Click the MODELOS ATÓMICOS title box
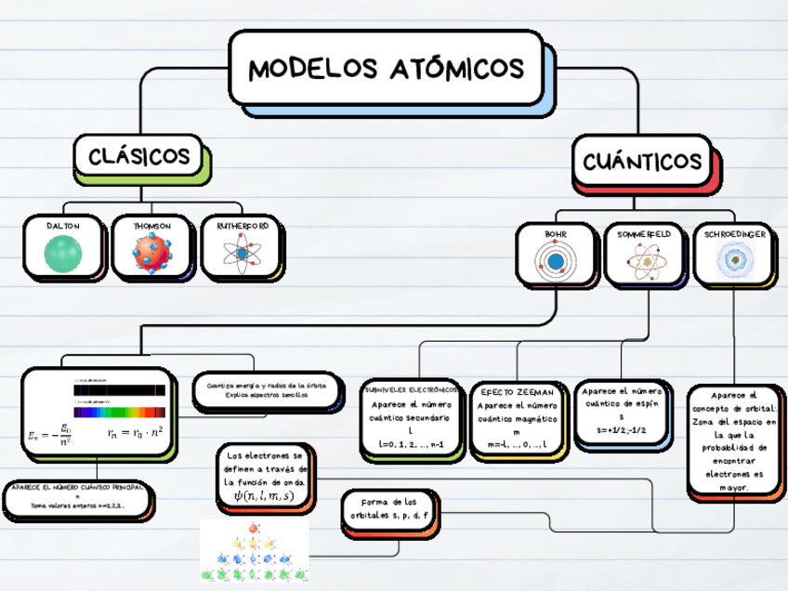tap(387, 68)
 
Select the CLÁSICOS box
tap(139, 156)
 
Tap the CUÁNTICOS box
tap(642, 162)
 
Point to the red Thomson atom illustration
tap(151, 254)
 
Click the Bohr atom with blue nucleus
tap(556, 261)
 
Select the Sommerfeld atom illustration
tap(645, 262)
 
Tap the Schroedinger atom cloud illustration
tap(735, 261)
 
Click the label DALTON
tap(63, 226)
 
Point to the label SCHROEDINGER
tap(736, 234)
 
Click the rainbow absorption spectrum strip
tap(120, 412)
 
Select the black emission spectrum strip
tap(120, 390)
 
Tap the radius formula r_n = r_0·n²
tap(135, 431)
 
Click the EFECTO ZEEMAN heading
tap(517, 392)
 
